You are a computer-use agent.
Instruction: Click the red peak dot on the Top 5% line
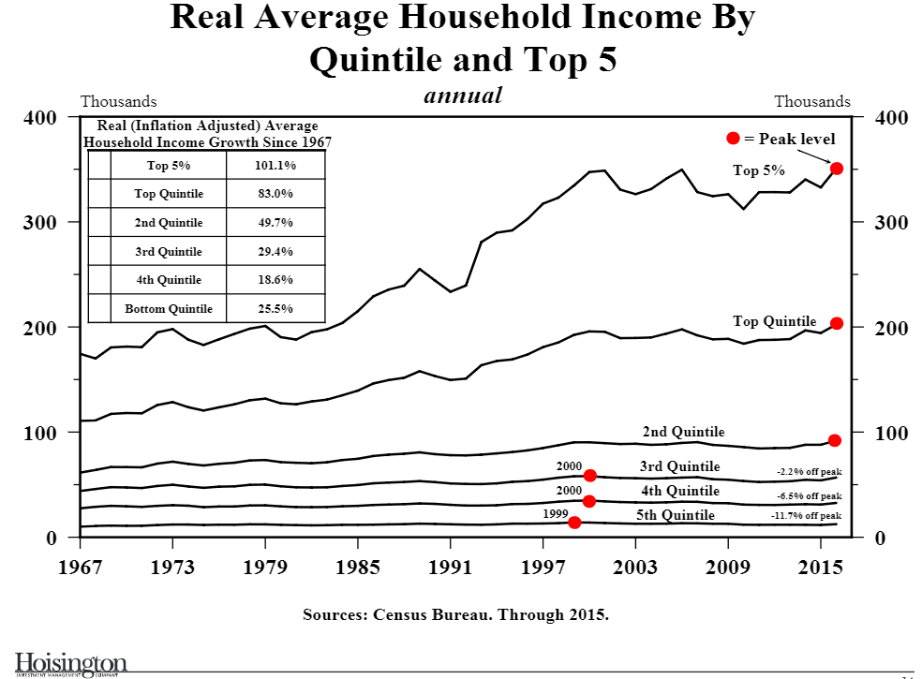coord(837,169)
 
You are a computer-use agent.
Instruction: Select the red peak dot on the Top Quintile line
coord(837,323)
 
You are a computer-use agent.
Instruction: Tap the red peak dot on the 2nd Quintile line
coord(835,440)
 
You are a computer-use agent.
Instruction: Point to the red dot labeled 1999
coord(575,523)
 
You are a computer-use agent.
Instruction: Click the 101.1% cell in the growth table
coord(275,166)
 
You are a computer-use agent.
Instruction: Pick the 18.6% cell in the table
coord(275,279)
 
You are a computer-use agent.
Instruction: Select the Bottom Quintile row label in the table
coord(169,308)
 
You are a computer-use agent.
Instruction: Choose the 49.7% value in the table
coord(275,223)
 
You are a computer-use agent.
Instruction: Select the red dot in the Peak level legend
coord(733,139)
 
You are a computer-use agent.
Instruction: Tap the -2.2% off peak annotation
coord(809,472)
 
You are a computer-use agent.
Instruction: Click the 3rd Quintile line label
coord(679,466)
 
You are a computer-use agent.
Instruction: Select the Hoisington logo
coord(70,661)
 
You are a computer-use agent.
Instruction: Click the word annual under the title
coord(463,96)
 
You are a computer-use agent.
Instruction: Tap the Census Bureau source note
coord(455,615)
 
